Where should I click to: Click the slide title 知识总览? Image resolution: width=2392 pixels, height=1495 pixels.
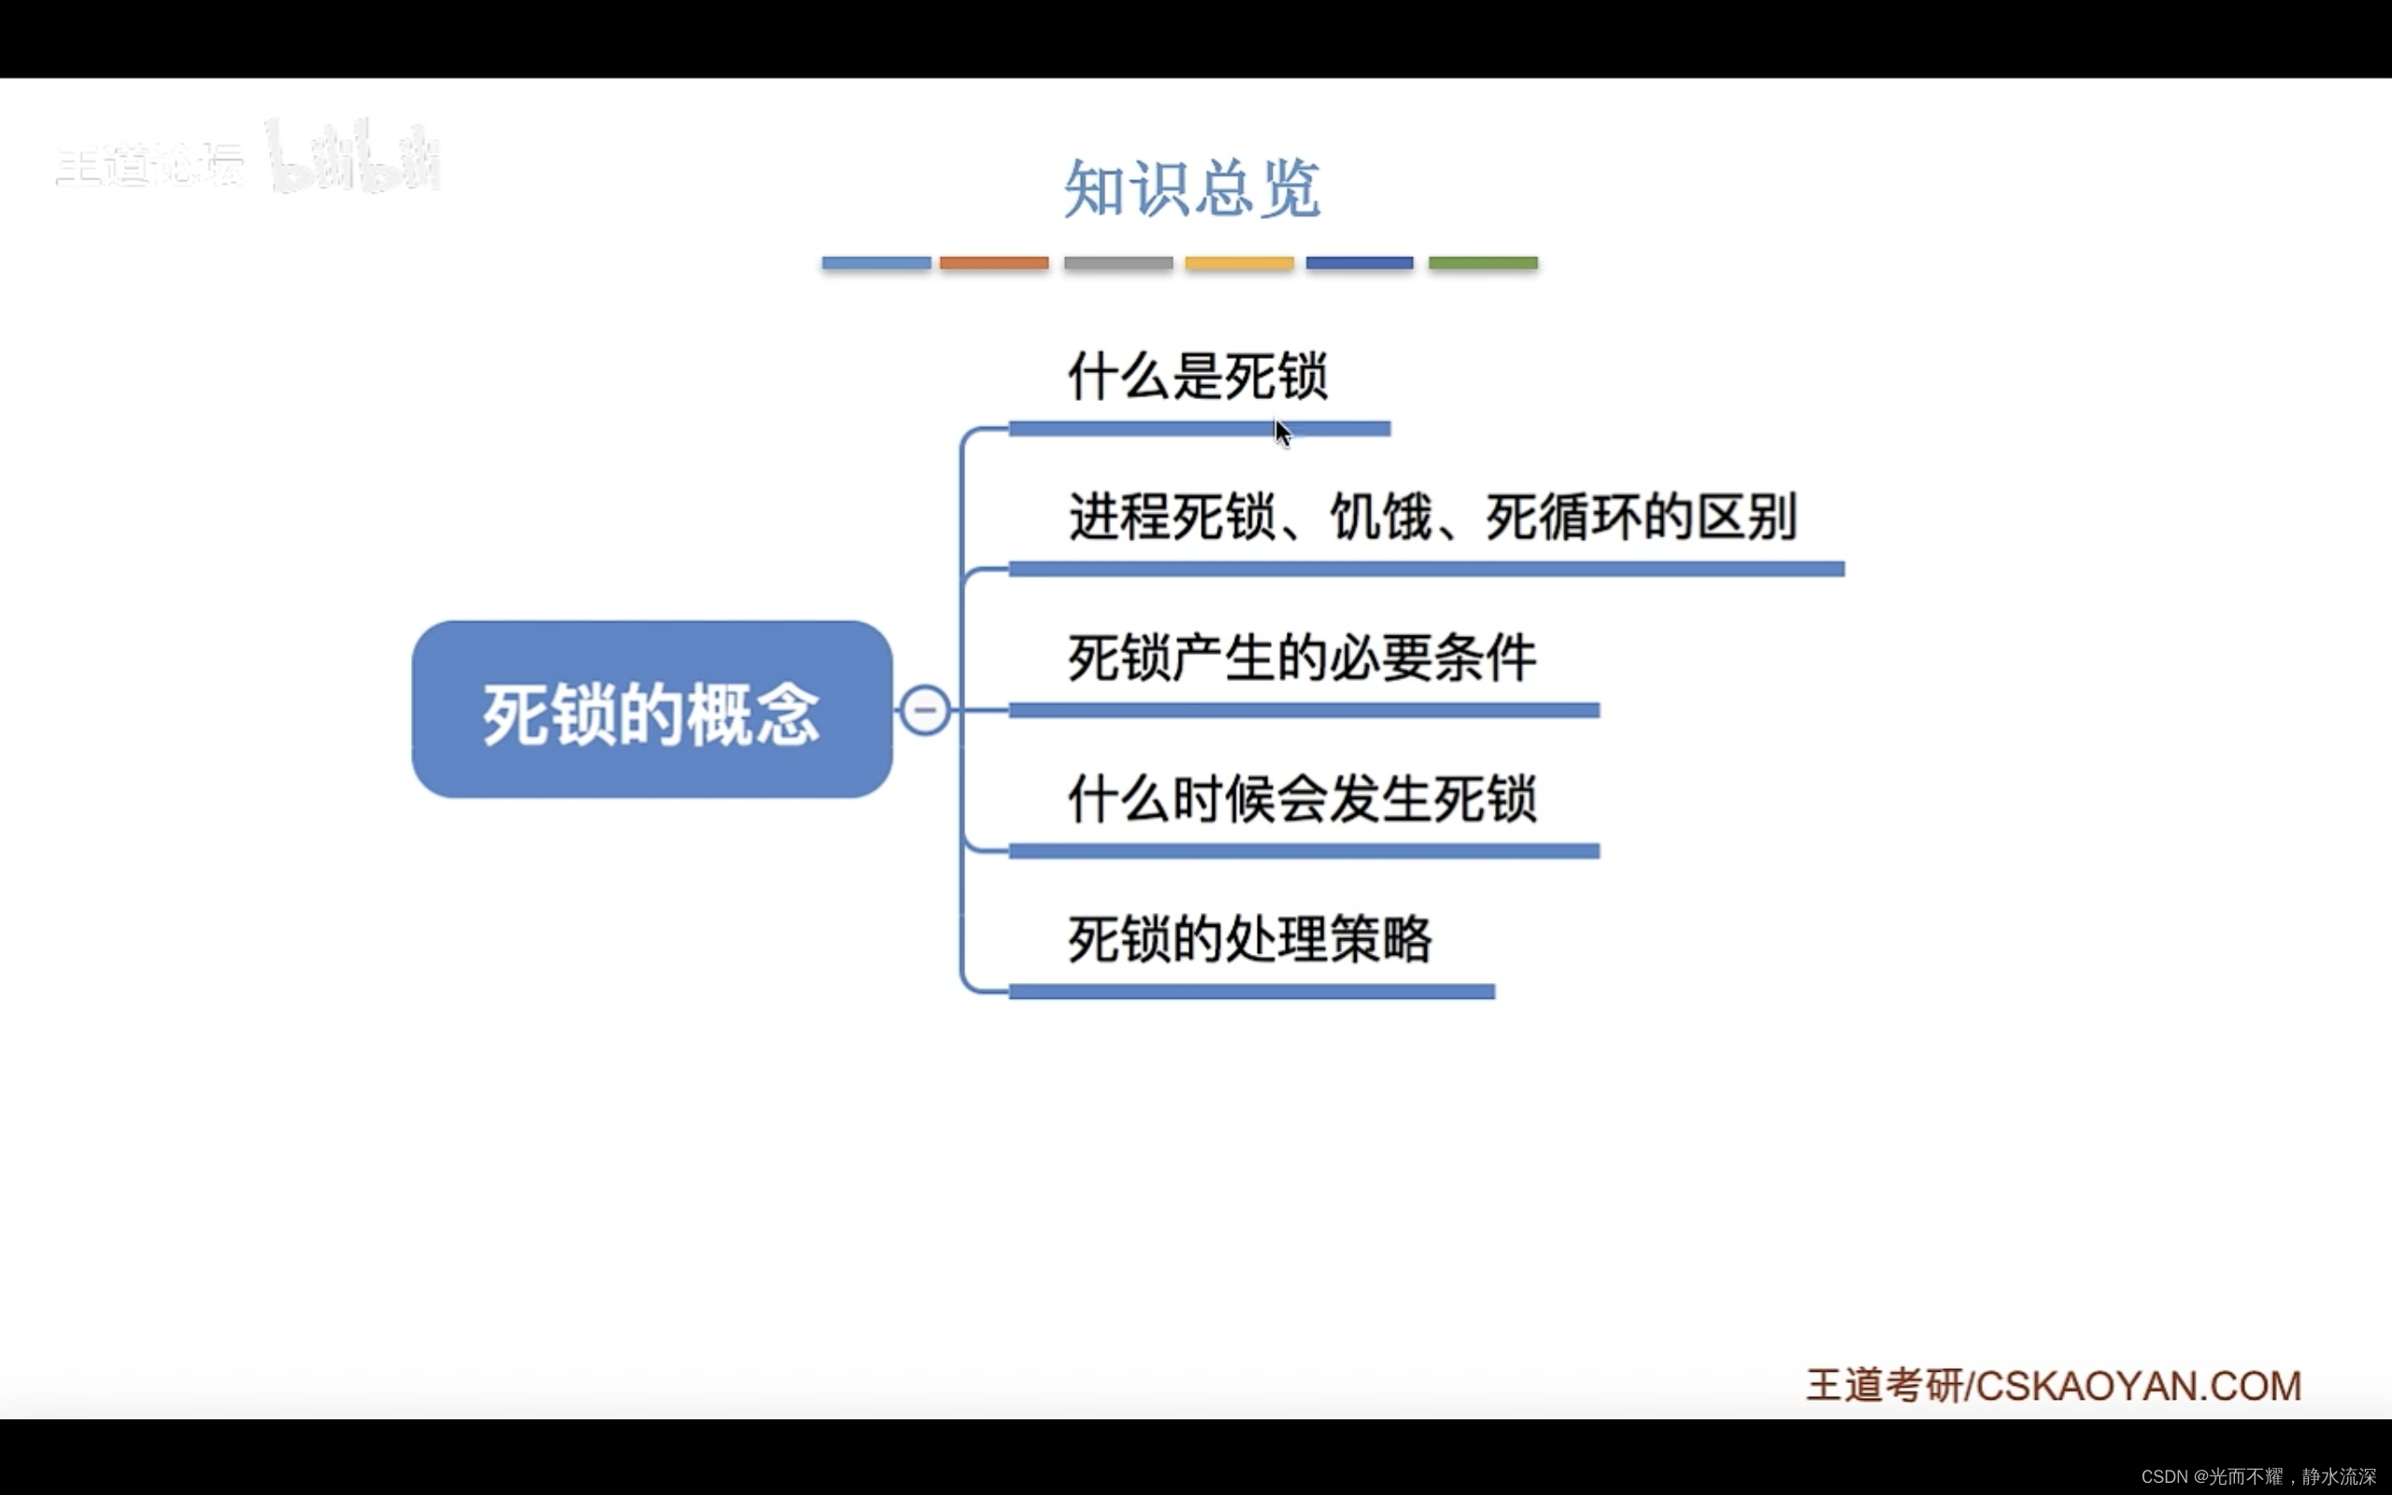click(1192, 188)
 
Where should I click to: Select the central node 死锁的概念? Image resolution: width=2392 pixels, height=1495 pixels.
click(652, 710)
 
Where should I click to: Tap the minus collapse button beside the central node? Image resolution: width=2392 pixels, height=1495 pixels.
click(925, 710)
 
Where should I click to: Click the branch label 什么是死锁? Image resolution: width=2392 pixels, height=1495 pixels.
click(1197, 377)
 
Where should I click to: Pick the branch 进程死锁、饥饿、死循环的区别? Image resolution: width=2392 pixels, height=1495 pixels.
click(1432, 517)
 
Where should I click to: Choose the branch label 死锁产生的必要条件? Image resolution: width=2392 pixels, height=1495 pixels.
click(1302, 659)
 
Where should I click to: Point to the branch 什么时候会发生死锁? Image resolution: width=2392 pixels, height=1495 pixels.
click(1302, 799)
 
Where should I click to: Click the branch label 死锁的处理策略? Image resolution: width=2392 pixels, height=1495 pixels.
click(1249, 939)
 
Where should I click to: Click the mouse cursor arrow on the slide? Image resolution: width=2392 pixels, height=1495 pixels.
click(1282, 433)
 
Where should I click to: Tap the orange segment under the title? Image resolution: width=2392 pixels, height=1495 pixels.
click(993, 263)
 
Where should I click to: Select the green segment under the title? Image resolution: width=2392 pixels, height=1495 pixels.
click(1483, 263)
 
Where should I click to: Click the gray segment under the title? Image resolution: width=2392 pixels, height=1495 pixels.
click(1118, 263)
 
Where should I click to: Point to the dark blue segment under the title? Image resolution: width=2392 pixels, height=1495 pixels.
click(1360, 263)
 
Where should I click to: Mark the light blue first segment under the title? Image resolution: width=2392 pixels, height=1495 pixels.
click(876, 263)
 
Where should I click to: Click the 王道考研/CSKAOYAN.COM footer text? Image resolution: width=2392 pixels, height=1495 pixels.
click(2053, 1386)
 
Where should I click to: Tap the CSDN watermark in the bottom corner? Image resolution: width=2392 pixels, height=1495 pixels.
click(2257, 1476)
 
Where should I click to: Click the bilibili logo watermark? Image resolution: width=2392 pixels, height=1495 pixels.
click(354, 158)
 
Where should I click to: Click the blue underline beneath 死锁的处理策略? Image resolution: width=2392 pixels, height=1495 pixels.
click(1251, 991)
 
